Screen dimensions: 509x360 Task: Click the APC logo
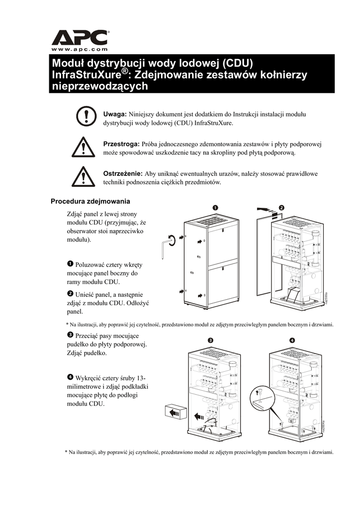80,38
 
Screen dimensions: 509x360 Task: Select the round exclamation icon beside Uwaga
86,116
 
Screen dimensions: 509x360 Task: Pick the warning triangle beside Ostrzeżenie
86,176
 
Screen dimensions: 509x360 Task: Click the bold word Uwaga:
115,114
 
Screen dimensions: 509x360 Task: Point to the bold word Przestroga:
121,144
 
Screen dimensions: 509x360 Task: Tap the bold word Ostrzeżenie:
122,173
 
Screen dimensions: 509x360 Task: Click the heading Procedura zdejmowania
90,201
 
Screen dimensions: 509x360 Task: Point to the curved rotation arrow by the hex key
172,240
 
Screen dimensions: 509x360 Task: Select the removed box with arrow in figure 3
175,412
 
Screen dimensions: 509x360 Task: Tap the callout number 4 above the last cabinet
292,340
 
